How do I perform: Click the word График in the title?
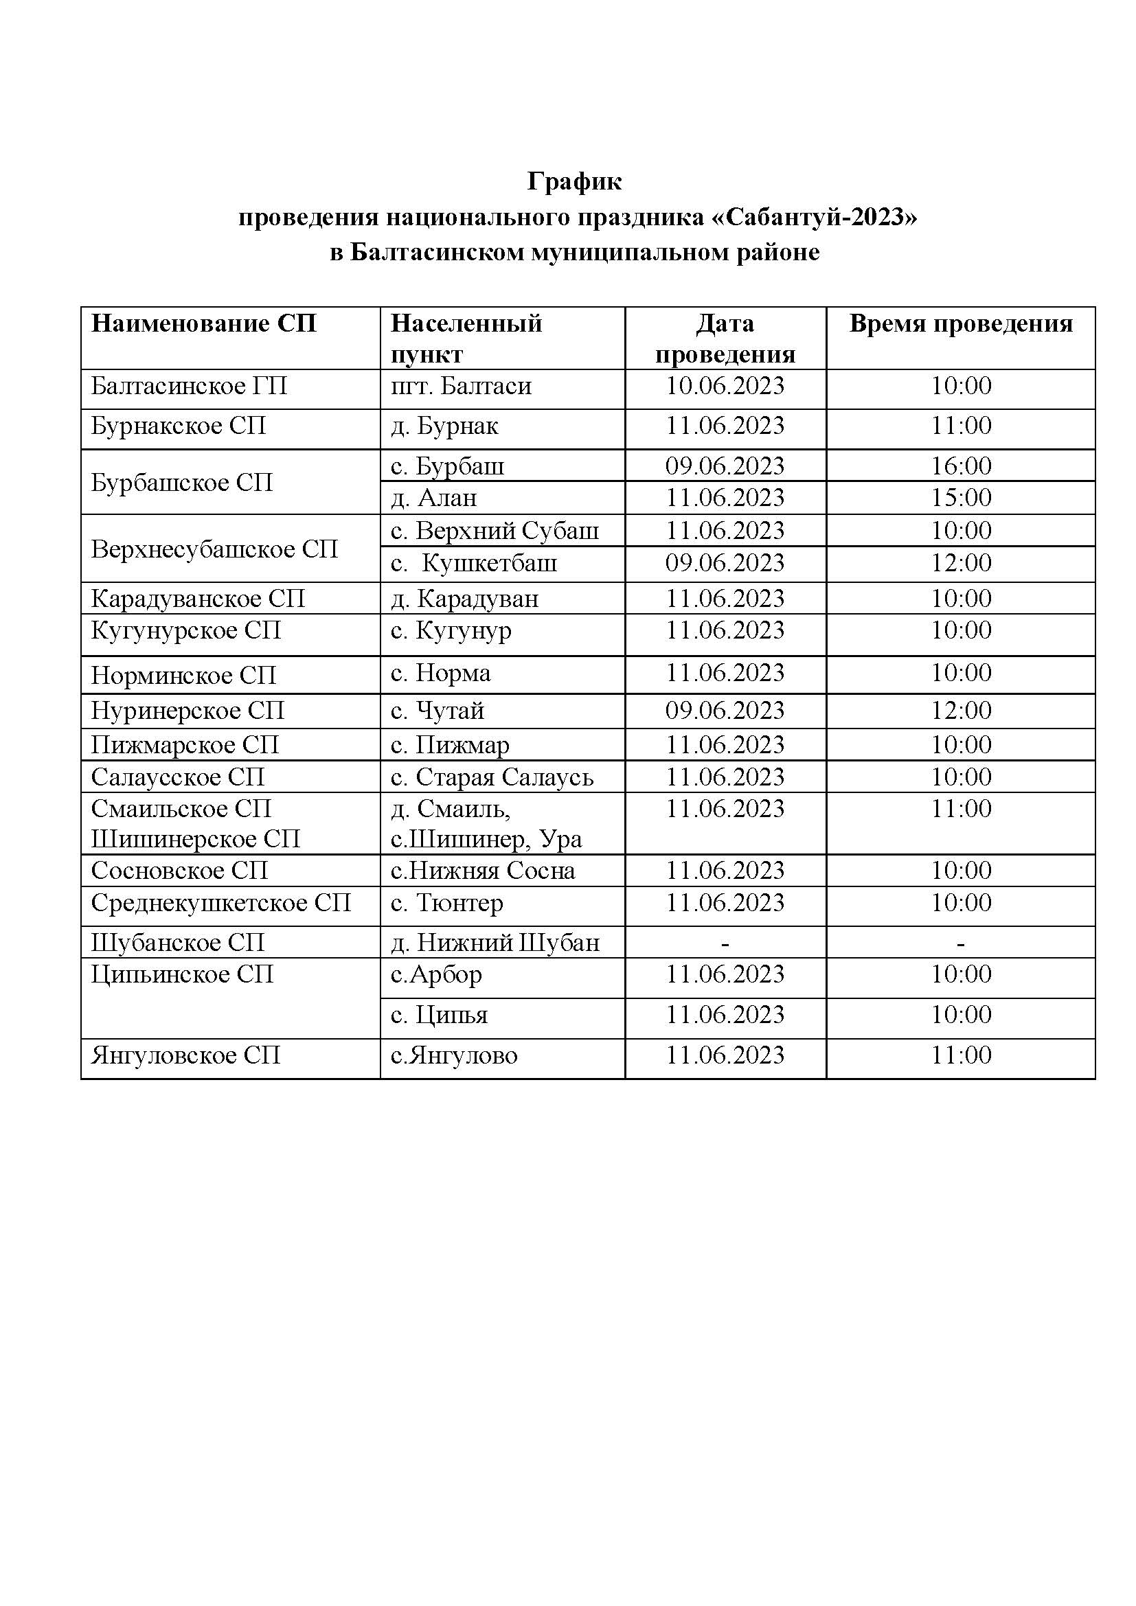[x=573, y=182]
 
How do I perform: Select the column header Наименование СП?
[x=203, y=324]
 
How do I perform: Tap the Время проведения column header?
[x=960, y=324]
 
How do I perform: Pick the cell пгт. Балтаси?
[x=461, y=386]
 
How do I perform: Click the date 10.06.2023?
[x=725, y=386]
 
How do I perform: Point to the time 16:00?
[x=960, y=466]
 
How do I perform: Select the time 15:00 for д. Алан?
[x=960, y=498]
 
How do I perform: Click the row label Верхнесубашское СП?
[x=214, y=549]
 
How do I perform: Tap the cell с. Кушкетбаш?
[x=475, y=563]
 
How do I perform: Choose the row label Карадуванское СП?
[x=198, y=599]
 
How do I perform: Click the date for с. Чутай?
[x=725, y=711]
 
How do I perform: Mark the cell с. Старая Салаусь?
[x=492, y=777]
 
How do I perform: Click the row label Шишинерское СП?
[x=195, y=838]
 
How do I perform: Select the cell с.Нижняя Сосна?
[x=483, y=871]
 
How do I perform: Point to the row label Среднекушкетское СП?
[x=220, y=903]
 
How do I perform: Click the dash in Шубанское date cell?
[x=725, y=944]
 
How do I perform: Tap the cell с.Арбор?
[x=437, y=974]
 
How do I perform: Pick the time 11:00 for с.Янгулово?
[x=960, y=1055]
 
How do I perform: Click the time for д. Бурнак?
[x=960, y=426]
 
